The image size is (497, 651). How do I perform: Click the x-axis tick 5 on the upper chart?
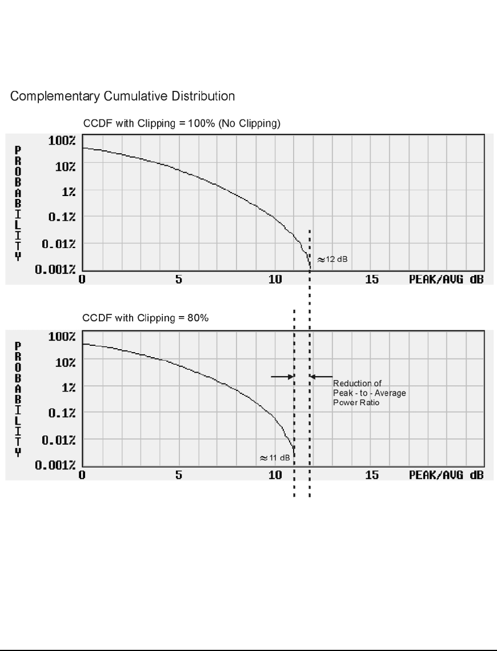pos(179,279)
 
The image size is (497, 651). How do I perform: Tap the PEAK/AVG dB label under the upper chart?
pos(446,279)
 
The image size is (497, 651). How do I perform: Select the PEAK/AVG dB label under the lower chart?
pos(446,476)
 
